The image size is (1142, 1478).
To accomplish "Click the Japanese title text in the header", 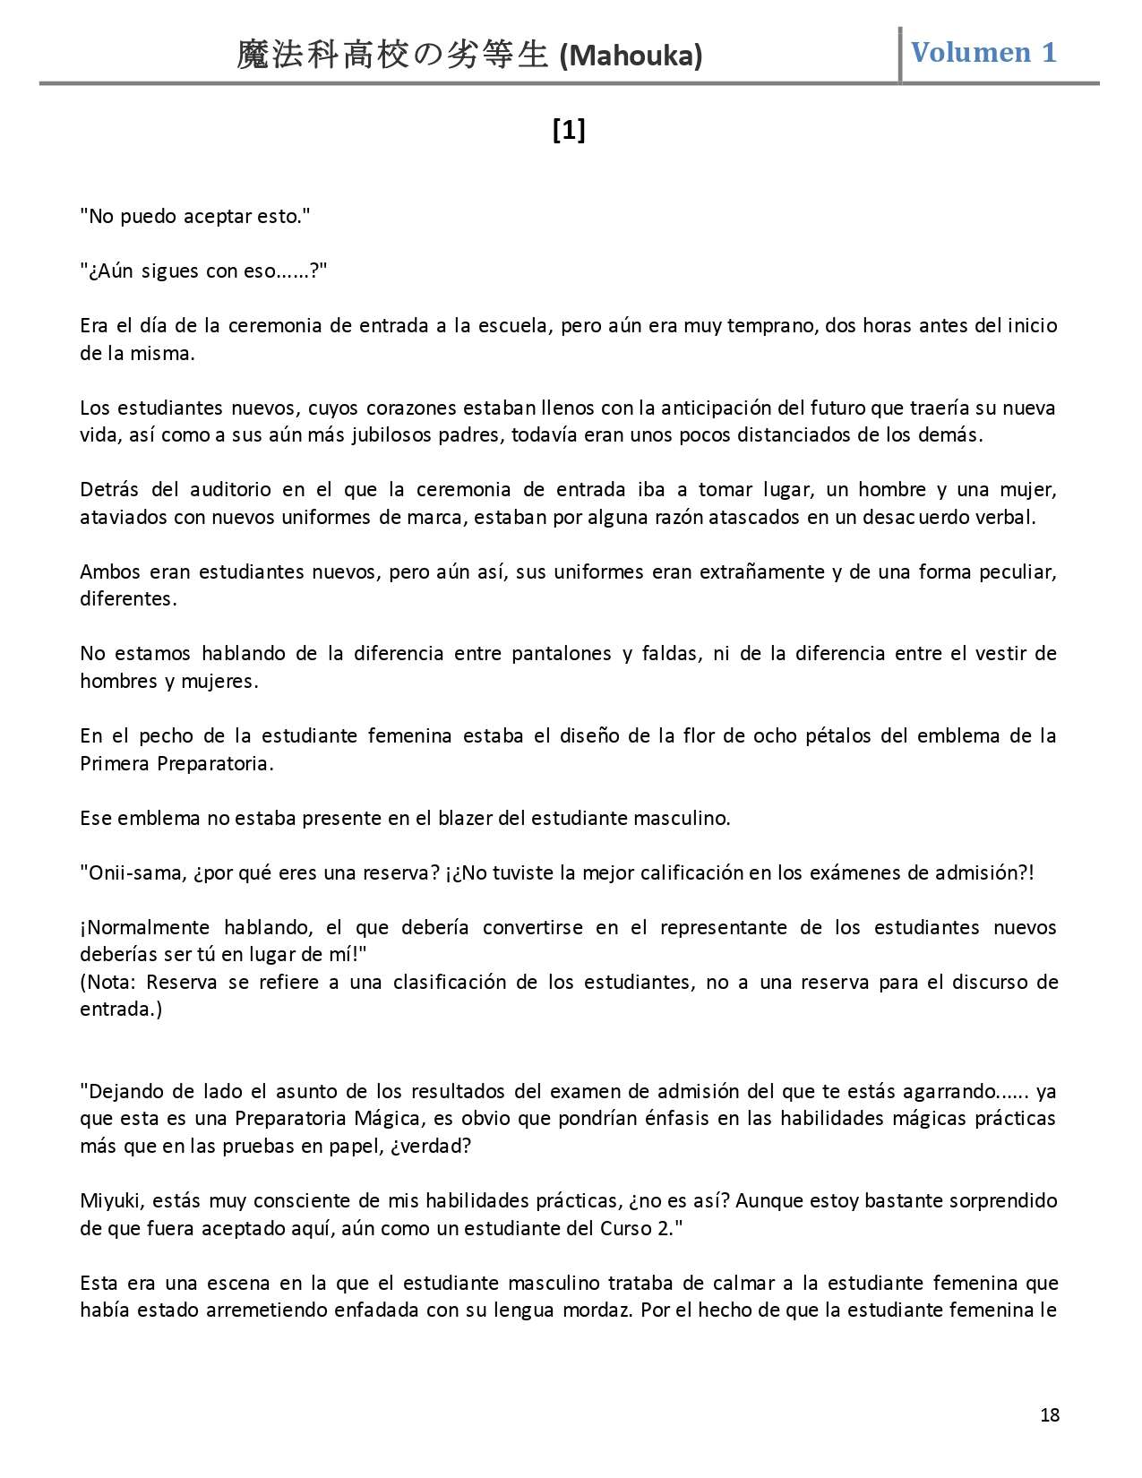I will [391, 56].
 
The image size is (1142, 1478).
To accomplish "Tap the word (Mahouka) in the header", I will [631, 56].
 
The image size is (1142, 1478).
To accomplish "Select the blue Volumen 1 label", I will [983, 52].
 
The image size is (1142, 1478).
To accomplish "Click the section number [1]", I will [569, 131].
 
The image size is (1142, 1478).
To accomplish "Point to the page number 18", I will [1050, 1414].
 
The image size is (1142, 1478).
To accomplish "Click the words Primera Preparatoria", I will [176, 763].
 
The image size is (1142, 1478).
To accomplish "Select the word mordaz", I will [599, 1310].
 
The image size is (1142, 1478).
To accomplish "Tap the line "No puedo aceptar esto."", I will [194, 216].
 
